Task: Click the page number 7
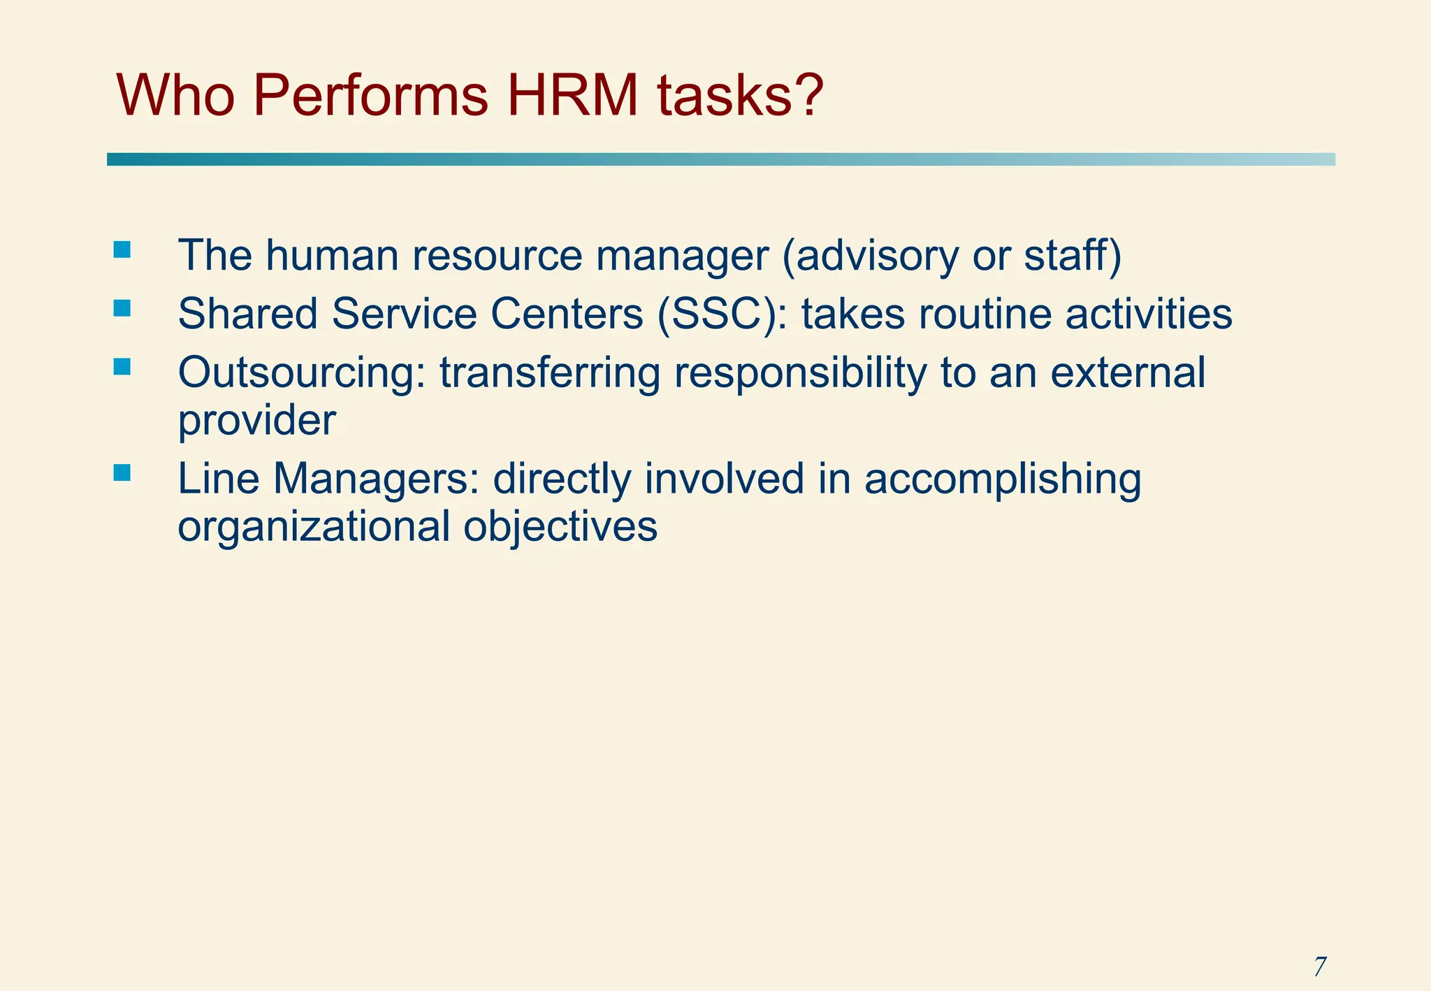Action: (x=1319, y=967)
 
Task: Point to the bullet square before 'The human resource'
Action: (x=122, y=249)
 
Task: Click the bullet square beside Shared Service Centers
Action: (x=122, y=308)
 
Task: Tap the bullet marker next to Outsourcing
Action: (x=122, y=367)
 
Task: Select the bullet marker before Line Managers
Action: (x=122, y=473)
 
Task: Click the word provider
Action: (x=257, y=421)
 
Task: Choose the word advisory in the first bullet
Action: (x=871, y=256)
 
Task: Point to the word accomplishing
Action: (x=1003, y=479)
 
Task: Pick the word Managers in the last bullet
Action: (x=376, y=479)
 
